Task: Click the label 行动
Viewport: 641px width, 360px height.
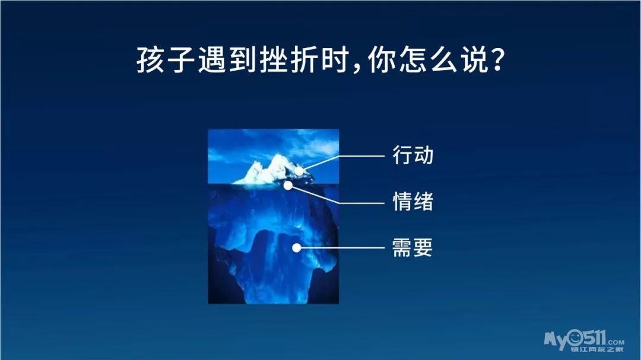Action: pyautogui.click(x=413, y=155)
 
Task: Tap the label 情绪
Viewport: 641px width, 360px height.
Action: pyautogui.click(x=413, y=202)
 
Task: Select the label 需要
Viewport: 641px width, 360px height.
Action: pyautogui.click(x=412, y=247)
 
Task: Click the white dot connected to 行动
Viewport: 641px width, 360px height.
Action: pyautogui.click(x=299, y=171)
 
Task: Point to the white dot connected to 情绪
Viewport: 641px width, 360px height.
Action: pyautogui.click(x=288, y=186)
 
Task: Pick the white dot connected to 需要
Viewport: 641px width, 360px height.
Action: pyautogui.click(x=297, y=248)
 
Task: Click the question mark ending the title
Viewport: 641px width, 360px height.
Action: pyautogui.click(x=497, y=60)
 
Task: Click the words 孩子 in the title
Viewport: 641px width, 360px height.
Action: pyautogui.click(x=166, y=60)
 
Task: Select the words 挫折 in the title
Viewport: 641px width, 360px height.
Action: pyautogui.click(x=290, y=60)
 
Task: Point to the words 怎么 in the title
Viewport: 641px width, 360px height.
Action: pyautogui.click(x=427, y=60)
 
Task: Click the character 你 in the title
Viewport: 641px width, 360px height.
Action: pyautogui.click(x=382, y=60)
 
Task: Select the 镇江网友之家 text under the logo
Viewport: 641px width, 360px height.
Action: pyautogui.click(x=597, y=349)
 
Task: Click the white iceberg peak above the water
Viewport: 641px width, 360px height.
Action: pyautogui.click(x=273, y=170)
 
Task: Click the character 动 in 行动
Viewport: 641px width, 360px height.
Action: pyautogui.click(x=424, y=155)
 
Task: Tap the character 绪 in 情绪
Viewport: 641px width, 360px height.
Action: pyautogui.click(x=424, y=202)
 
